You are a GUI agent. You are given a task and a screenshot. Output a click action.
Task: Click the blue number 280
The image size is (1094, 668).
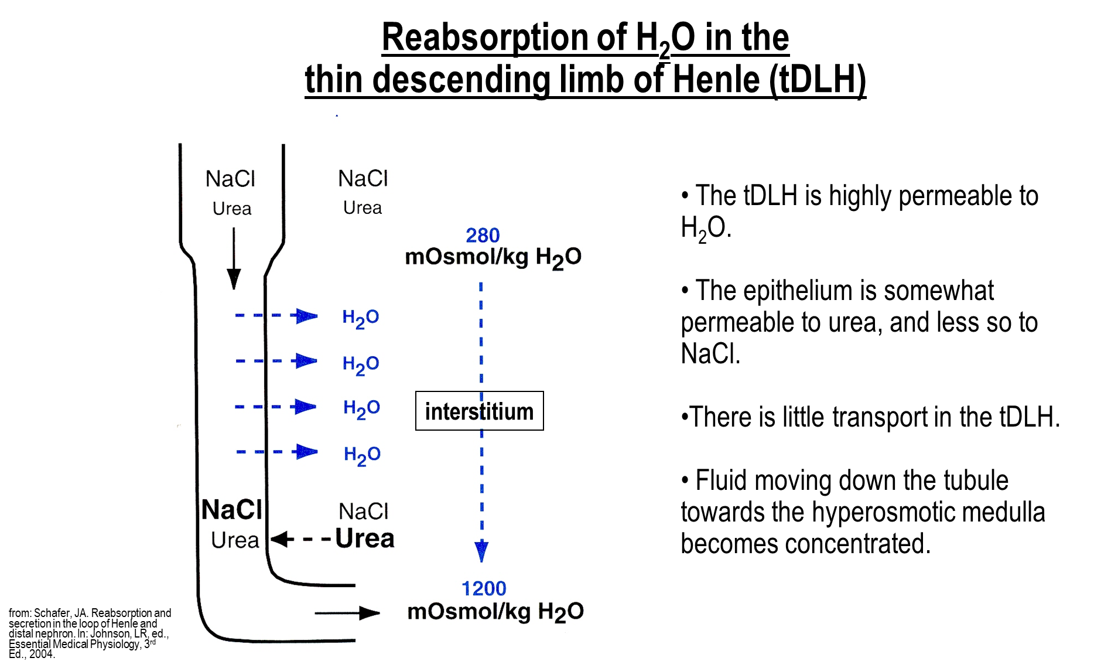pyautogui.click(x=483, y=236)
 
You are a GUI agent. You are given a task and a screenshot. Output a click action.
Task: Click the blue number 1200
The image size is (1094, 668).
pyautogui.click(x=484, y=588)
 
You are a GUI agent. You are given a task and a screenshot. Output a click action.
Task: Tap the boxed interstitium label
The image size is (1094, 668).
pyautogui.click(x=480, y=411)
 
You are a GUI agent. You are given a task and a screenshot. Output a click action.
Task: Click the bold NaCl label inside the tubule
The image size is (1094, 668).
pyautogui.click(x=232, y=510)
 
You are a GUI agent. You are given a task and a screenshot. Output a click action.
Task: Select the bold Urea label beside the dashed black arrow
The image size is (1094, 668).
pyautogui.click(x=365, y=539)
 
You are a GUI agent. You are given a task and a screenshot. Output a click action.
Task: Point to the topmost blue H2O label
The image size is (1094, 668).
pyautogui.click(x=361, y=318)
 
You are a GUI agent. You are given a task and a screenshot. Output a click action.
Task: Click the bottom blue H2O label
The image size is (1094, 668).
pyautogui.click(x=362, y=455)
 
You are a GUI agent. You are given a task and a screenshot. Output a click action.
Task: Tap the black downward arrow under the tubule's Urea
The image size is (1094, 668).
pyautogui.click(x=234, y=258)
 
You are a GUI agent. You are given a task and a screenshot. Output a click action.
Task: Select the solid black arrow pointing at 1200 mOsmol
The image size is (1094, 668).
pyautogui.click(x=347, y=613)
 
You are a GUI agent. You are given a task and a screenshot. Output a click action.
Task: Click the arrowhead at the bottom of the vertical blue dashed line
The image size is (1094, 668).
pyautogui.click(x=481, y=551)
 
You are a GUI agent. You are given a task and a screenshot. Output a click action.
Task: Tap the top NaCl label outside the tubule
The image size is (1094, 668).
pyautogui.click(x=363, y=179)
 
